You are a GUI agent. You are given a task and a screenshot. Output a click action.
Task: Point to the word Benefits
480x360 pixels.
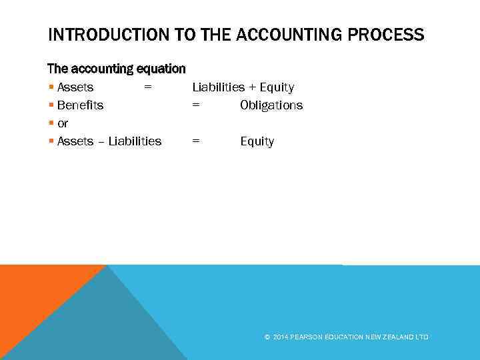point(80,105)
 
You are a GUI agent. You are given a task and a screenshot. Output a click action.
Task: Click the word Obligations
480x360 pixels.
point(271,105)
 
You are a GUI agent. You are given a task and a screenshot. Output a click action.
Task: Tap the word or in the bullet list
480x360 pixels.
point(63,123)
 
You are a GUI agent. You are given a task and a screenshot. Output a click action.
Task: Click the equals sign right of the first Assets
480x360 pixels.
point(148,87)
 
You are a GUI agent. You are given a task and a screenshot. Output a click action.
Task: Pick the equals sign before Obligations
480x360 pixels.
point(196,105)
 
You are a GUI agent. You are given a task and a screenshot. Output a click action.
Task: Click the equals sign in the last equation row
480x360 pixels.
point(196,141)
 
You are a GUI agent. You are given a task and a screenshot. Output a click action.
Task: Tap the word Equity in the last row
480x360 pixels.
point(257,141)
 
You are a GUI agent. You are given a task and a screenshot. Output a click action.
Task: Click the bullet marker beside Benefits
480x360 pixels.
point(51,105)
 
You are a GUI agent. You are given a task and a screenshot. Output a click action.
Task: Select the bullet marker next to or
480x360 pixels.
point(51,123)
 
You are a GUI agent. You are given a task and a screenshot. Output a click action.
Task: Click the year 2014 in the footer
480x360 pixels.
point(280,337)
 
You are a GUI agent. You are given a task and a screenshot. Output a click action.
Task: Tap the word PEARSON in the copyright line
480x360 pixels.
point(306,337)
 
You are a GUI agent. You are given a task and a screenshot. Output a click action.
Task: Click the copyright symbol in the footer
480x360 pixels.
point(267,337)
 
